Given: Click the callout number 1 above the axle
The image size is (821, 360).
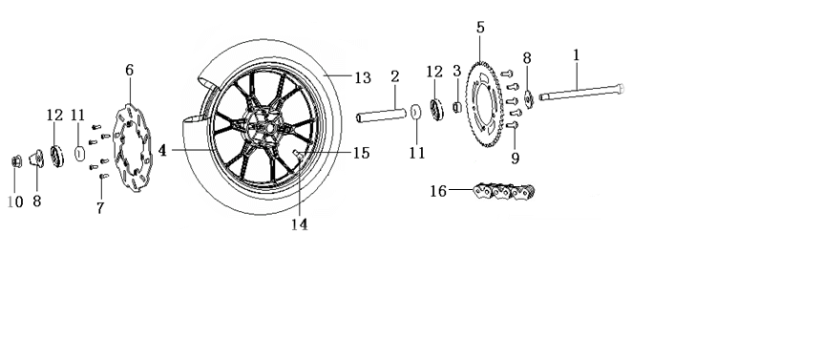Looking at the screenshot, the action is click(577, 55).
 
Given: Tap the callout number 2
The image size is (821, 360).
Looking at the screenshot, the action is click(395, 76).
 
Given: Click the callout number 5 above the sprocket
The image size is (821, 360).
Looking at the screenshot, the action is click(480, 28).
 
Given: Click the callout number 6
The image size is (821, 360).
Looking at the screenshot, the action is click(129, 70).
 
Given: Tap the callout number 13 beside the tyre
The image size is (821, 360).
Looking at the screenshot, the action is click(363, 78).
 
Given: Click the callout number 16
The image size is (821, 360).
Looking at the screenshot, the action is click(439, 191).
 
